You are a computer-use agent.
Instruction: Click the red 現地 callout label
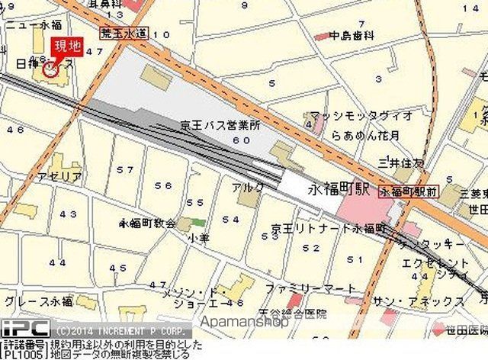(x=66, y=46)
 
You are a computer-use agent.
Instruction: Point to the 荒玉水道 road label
(x=125, y=33)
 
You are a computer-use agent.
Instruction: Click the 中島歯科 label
(x=352, y=35)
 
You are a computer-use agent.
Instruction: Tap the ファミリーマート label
(x=310, y=288)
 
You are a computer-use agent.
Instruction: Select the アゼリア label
(x=62, y=176)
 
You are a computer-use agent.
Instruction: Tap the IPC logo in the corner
(x=24, y=330)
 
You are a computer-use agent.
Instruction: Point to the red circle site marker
(x=51, y=71)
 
